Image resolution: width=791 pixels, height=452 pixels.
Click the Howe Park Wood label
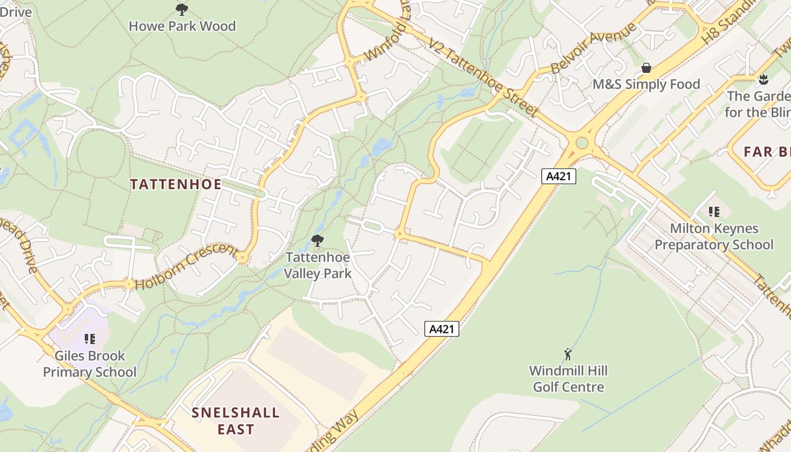(x=182, y=26)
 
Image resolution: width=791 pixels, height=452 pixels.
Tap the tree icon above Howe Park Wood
(x=181, y=9)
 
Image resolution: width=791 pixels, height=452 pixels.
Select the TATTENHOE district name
(x=176, y=184)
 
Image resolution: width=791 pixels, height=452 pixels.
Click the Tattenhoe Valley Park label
(x=318, y=265)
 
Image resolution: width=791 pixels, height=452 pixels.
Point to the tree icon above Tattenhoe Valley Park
(x=318, y=241)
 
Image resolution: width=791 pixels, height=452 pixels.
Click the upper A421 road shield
(x=559, y=176)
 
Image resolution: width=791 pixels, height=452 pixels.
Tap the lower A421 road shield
(x=441, y=329)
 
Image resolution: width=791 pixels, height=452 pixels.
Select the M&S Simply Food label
(x=646, y=84)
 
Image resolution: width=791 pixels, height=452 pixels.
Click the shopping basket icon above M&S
(x=646, y=68)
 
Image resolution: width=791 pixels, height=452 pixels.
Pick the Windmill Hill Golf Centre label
(x=568, y=379)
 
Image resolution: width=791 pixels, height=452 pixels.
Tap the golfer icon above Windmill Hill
(x=568, y=354)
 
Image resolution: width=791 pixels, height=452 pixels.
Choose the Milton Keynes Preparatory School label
(x=714, y=236)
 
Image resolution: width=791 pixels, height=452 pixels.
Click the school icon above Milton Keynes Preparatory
(x=714, y=212)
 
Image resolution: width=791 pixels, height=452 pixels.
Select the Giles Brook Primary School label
(x=90, y=364)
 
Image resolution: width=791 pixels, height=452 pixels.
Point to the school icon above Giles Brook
(x=89, y=339)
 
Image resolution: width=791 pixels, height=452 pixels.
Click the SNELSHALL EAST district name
(x=236, y=420)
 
